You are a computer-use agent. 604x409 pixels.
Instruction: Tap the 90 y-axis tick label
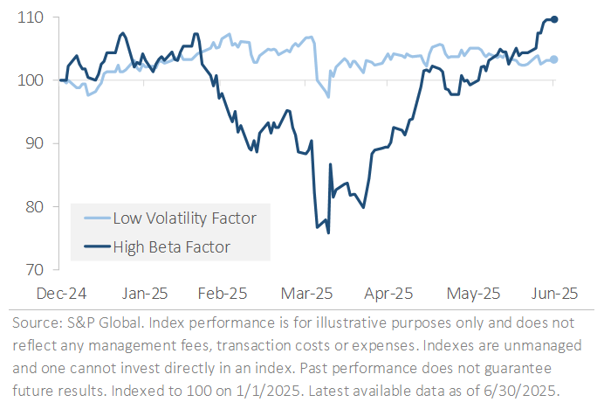pyautogui.click(x=30, y=143)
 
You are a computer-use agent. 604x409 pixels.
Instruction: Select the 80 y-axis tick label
pyautogui.click(x=30, y=207)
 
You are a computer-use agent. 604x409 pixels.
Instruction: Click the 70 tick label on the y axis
pyautogui.click(x=30, y=270)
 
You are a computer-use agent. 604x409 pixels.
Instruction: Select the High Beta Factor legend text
pyautogui.click(x=171, y=246)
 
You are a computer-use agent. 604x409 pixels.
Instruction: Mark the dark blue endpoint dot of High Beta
pyautogui.click(x=555, y=19)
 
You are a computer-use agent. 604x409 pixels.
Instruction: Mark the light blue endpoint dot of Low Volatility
pyautogui.click(x=555, y=59)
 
